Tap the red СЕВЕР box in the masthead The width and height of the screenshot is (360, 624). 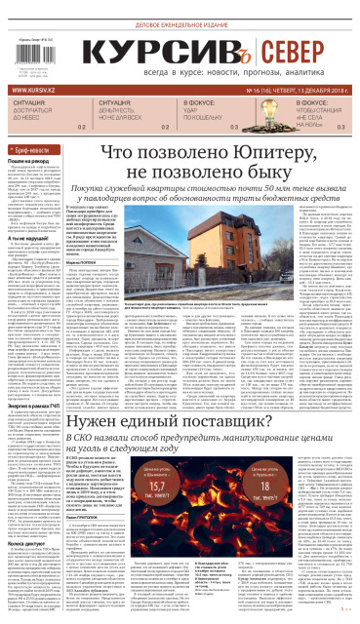pyautogui.click(x=298, y=47)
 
